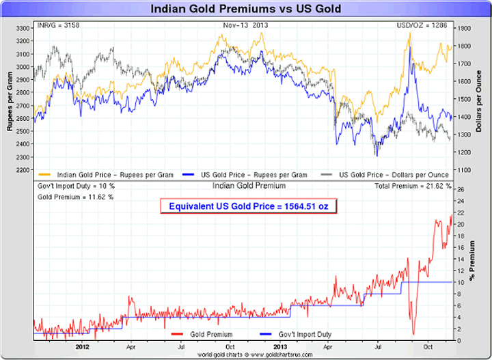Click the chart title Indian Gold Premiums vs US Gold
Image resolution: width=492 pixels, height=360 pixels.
pos(246,10)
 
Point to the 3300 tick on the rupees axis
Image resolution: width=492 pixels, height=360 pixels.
pos(21,29)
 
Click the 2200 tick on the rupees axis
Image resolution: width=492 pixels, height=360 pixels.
pos(21,169)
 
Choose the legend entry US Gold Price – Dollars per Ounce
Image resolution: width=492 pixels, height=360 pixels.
pos(390,175)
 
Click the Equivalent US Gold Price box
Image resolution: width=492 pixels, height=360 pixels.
pos(249,205)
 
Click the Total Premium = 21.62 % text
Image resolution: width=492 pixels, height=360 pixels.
pos(412,186)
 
